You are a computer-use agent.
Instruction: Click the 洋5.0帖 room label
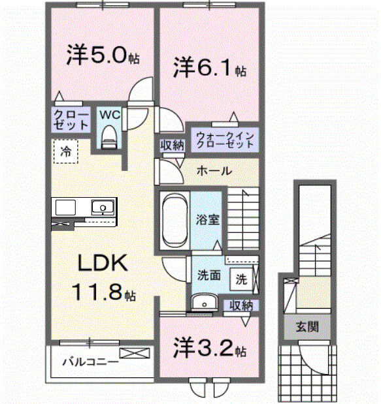tap(102, 55)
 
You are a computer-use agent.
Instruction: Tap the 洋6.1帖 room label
tap(208, 67)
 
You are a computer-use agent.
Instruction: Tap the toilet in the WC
tap(109, 136)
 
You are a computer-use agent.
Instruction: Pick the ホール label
tap(214, 171)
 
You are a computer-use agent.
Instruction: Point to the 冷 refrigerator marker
tap(65, 151)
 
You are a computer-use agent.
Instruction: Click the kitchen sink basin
tap(102, 208)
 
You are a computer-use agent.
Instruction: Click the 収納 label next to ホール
tap(171, 146)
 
